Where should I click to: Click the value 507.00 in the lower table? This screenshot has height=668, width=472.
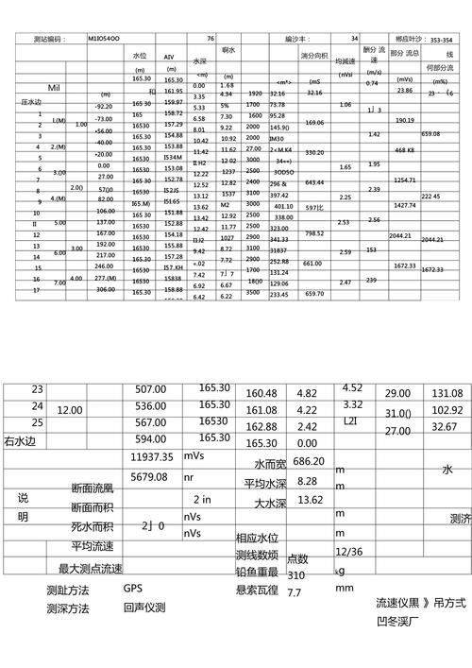click(150, 388)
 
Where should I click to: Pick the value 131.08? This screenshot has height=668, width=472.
click(447, 393)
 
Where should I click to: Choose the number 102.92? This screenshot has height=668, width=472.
click(447, 410)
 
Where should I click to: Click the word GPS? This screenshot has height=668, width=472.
click(132, 587)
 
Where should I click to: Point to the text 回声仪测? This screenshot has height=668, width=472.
click(144, 607)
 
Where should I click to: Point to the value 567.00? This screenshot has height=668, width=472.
click(150, 422)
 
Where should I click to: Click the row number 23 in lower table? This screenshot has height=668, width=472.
click(38, 389)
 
